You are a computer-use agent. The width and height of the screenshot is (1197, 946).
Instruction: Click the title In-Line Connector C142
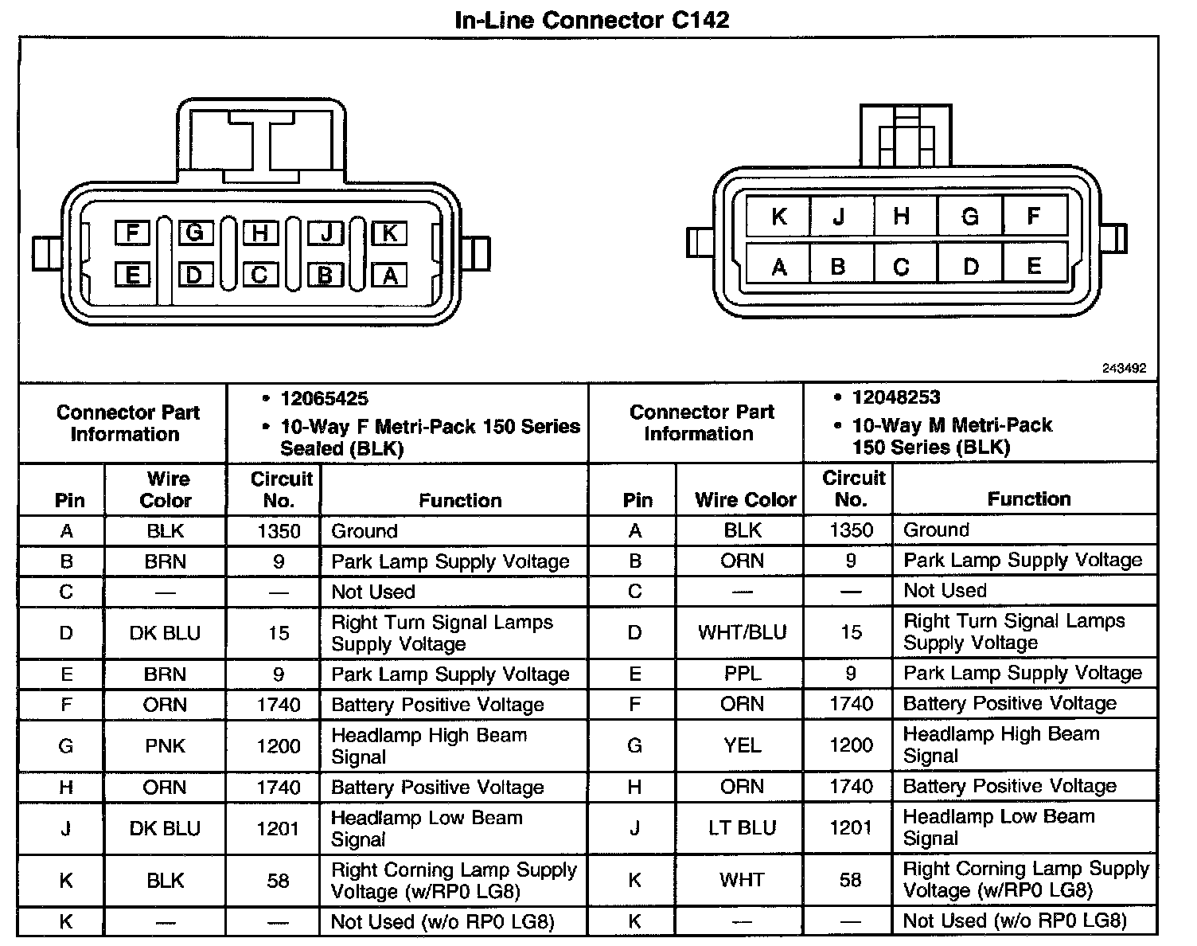(591, 20)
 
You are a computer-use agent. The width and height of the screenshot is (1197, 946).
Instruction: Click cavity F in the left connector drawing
(132, 233)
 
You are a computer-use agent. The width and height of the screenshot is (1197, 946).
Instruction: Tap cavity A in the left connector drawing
(389, 276)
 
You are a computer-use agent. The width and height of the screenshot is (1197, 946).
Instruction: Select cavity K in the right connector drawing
(778, 217)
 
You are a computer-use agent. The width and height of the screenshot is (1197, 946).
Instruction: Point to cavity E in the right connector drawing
(1034, 266)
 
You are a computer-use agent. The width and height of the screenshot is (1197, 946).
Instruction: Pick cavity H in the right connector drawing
(901, 217)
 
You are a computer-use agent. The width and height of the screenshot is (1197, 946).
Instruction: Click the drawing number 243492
(1124, 368)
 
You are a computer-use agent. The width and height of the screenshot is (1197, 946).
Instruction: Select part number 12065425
(324, 399)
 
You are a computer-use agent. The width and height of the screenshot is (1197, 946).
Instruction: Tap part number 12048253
(895, 397)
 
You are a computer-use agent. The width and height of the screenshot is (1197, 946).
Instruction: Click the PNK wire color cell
(166, 746)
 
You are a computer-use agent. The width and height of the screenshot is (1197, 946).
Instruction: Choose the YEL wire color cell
(742, 745)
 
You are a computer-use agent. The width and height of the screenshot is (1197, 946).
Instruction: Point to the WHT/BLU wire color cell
(742, 632)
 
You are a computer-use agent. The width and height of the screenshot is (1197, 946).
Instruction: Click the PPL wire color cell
(742, 674)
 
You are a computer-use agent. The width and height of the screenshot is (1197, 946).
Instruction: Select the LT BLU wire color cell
(742, 828)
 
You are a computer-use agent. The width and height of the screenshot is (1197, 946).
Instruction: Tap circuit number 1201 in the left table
(278, 829)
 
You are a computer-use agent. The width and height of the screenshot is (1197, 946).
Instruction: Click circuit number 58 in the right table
(850, 880)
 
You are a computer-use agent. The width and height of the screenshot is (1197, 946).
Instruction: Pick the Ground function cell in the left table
(364, 531)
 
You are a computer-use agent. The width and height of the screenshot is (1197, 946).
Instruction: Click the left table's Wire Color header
(166, 490)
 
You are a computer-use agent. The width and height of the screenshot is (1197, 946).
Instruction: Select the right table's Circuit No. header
(852, 489)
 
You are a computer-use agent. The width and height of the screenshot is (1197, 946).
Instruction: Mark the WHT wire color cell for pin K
(742, 880)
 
